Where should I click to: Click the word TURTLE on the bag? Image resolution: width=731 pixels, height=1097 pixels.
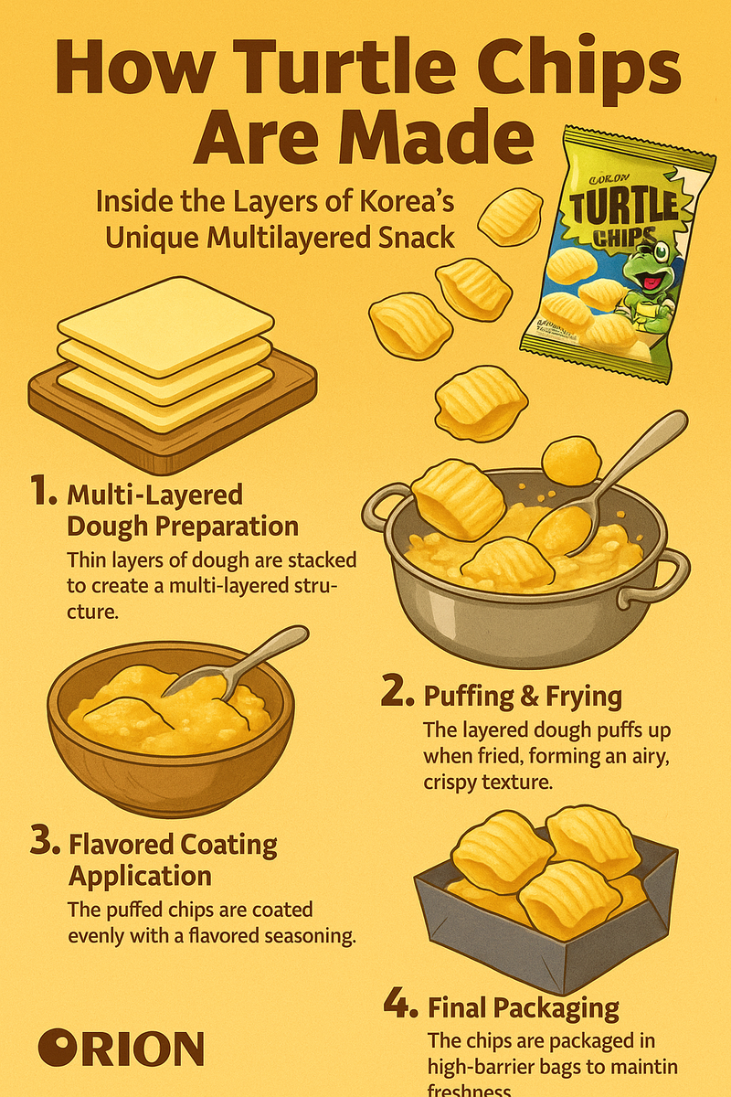coord(625,207)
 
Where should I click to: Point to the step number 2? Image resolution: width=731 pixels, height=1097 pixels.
coord(397,693)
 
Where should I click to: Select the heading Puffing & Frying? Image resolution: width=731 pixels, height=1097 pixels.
coord(523,697)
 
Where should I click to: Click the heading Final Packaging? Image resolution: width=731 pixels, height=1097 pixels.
coord(523,1008)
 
